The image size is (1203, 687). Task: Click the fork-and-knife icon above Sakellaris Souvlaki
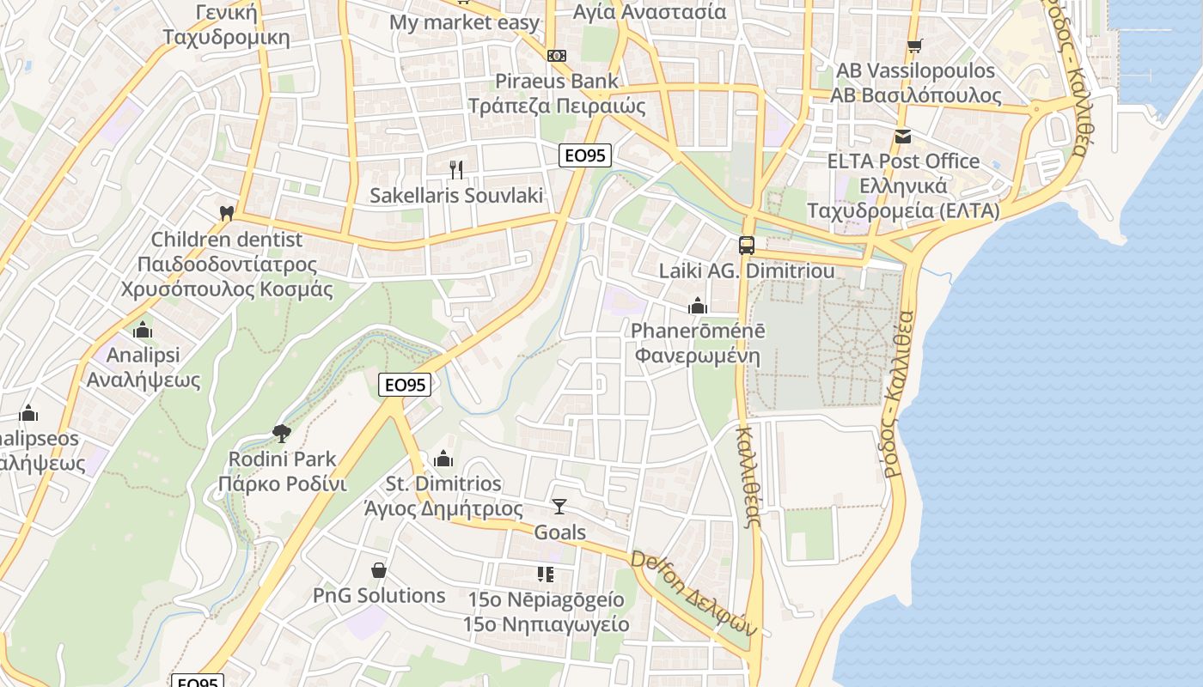click(456, 170)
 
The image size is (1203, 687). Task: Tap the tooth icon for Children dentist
click(227, 212)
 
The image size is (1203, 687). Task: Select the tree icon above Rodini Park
click(281, 432)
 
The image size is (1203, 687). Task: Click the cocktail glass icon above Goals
click(559, 506)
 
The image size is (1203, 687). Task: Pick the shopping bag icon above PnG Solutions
click(378, 569)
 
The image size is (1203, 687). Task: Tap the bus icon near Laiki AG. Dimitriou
click(746, 245)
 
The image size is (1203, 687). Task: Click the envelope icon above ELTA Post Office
click(902, 136)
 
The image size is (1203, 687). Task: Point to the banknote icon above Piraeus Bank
click(556, 55)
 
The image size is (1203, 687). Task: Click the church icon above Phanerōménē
click(697, 305)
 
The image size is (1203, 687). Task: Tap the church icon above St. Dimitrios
click(443, 459)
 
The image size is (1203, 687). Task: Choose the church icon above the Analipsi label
click(143, 329)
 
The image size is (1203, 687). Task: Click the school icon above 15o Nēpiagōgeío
click(545, 574)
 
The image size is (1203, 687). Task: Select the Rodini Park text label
click(282, 459)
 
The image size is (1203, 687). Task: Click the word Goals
click(560, 532)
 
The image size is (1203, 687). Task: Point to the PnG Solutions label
click(379, 595)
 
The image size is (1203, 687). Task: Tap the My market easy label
click(464, 22)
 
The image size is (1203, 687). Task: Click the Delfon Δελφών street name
click(694, 593)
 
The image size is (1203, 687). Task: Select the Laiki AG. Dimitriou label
click(746, 271)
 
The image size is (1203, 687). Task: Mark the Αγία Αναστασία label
click(650, 12)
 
